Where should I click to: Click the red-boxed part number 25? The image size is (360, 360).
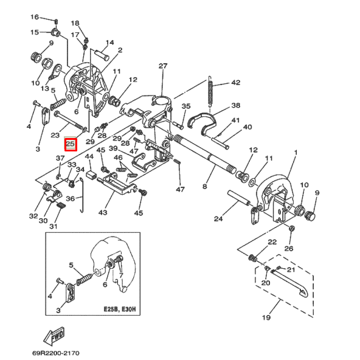pos(71,144)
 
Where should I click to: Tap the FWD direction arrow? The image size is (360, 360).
pos(54,336)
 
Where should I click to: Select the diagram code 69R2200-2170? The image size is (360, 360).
pos(56,353)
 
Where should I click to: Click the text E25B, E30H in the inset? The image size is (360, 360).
pos(120,310)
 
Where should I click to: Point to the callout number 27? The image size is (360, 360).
pos(163,66)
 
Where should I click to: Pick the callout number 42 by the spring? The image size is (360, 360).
pos(236,83)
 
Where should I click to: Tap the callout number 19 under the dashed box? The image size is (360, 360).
pos(266,317)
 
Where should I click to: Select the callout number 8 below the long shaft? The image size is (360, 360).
pos(204,186)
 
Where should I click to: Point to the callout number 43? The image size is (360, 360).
pos(103,212)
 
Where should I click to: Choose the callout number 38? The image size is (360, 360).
pos(236,105)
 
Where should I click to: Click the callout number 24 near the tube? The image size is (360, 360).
pos(218,218)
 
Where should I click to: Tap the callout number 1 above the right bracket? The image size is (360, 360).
pos(296,153)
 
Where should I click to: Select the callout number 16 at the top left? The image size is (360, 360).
pos(35,17)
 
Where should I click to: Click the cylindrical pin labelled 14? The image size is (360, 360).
pos(102,55)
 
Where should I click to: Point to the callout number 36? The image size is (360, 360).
pos(71,199)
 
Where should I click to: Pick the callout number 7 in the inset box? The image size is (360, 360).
pos(121,275)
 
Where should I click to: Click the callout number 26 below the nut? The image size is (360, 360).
pos(289,248)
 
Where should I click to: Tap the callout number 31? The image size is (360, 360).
pos(54,226)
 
